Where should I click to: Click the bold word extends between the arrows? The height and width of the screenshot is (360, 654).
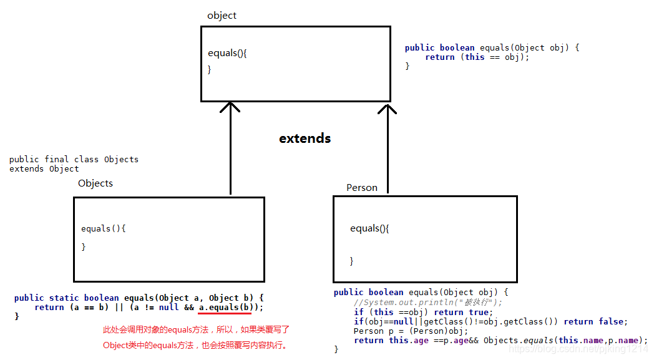tap(305, 139)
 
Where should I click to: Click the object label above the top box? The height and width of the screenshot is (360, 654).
tap(222, 16)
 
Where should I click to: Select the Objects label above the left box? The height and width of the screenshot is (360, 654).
tap(95, 183)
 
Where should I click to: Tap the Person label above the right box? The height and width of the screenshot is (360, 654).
tap(362, 188)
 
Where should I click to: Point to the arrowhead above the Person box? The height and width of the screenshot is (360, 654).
tap(388, 109)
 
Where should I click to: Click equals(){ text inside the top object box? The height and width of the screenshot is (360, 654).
tap(227, 53)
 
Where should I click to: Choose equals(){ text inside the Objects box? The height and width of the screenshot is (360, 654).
tap(104, 228)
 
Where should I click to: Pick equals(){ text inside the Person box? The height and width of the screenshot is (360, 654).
tap(369, 228)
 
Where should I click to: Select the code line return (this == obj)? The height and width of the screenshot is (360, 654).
tap(477, 57)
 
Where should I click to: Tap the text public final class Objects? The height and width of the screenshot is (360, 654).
tap(74, 159)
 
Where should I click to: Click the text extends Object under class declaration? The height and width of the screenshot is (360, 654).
tap(44, 168)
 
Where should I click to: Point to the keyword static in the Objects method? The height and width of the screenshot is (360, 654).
tap(66, 298)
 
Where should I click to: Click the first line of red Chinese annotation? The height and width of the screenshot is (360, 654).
tap(196, 329)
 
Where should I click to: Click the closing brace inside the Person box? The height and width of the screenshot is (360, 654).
tap(352, 261)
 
